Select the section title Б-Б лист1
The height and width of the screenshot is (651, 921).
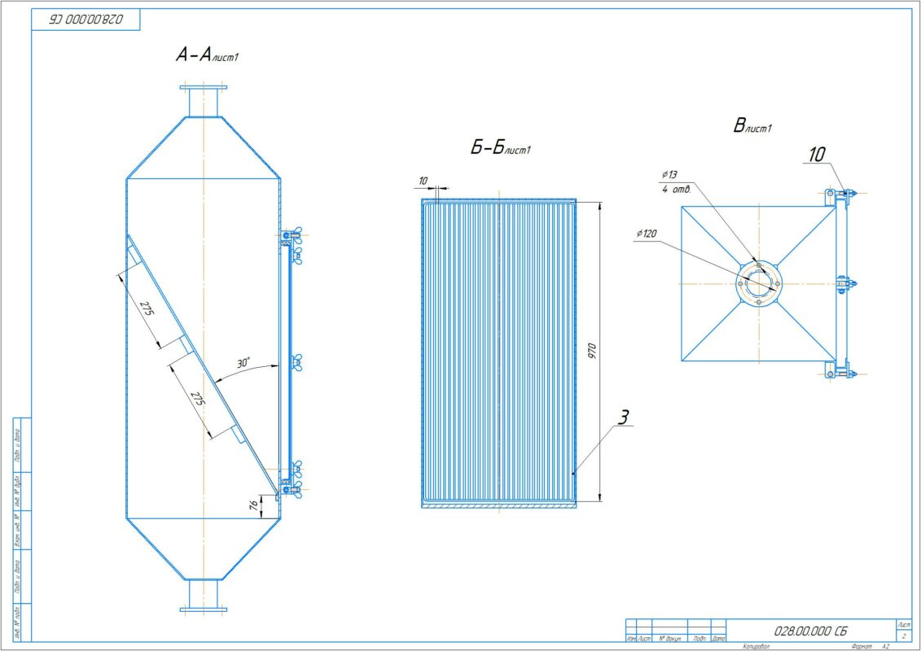point(501,148)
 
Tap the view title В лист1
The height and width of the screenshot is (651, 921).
point(752,126)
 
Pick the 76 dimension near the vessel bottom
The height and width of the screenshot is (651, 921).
point(253,505)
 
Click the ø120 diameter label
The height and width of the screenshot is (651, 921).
point(648,234)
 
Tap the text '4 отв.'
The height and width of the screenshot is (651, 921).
point(678,190)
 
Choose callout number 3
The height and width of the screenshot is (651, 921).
point(622,418)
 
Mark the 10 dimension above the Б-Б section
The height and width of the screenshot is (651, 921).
point(423,180)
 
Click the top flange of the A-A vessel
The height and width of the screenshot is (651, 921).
point(204,88)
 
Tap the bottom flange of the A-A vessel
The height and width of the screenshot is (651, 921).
point(204,608)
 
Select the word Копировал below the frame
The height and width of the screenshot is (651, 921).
point(757,646)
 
